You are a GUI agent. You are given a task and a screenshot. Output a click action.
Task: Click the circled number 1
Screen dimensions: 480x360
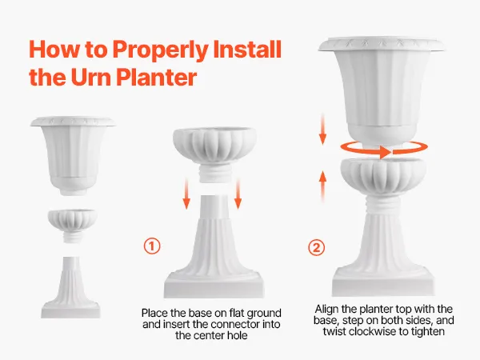pyautogui.click(x=152, y=246)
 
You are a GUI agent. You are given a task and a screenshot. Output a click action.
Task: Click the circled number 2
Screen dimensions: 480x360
pyautogui.click(x=316, y=247)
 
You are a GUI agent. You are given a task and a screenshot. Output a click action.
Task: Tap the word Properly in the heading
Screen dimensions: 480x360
pyautogui.click(x=161, y=50)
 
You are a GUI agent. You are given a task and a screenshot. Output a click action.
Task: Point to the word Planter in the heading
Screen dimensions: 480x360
pyautogui.click(x=157, y=77)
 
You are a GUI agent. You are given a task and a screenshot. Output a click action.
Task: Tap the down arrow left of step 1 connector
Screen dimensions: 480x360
pyautogui.click(x=186, y=194)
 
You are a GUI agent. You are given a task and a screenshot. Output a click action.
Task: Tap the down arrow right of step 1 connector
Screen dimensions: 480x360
pyautogui.click(x=238, y=194)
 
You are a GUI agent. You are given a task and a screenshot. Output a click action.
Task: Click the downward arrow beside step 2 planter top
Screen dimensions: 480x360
pyautogui.click(x=322, y=129)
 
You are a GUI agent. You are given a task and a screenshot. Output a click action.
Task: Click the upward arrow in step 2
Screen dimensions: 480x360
pyautogui.click(x=322, y=186)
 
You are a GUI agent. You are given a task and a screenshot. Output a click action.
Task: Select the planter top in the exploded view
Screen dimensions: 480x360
pyautogui.click(x=73, y=155)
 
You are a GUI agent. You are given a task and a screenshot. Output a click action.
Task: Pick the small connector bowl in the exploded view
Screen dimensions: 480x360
pyautogui.click(x=73, y=226)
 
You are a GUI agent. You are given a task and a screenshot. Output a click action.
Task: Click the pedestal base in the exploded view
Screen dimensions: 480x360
pyautogui.click(x=70, y=287)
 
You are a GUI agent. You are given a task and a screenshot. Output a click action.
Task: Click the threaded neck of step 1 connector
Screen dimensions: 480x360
pyautogui.click(x=214, y=174)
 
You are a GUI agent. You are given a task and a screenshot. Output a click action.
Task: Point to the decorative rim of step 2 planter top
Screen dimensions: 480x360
pyautogui.click(x=382, y=45)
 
